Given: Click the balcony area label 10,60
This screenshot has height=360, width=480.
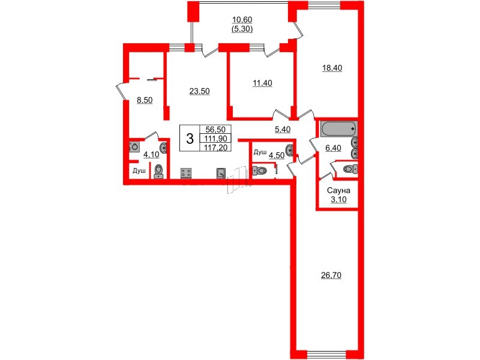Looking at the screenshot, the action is coord(242,20).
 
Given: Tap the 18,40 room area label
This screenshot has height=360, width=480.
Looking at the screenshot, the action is coord(332,68).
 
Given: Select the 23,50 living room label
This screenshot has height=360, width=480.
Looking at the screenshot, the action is coord(199,91).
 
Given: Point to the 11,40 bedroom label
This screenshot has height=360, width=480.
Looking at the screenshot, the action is coord(262,83).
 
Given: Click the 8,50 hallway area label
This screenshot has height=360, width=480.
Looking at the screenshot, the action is coord(145,100).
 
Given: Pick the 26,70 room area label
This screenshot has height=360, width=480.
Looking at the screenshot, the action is coord(331,275).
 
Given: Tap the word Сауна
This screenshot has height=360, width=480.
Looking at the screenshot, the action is coord(338,190).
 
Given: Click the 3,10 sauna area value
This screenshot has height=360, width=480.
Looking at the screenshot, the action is coord(338,200).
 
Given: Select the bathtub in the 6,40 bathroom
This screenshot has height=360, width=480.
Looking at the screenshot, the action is coord(338,128).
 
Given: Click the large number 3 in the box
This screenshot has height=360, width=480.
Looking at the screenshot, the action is coord(190,139).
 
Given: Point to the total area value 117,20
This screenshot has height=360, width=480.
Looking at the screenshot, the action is coord(216,148).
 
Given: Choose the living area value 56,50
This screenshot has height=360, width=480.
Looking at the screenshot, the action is coord(215,130).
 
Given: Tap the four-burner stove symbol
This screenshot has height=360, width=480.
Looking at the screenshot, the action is coord(186,173).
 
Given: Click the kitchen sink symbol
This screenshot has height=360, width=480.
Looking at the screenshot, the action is coord(221,173).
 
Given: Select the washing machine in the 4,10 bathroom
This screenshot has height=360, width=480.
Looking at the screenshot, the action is coord(134,146).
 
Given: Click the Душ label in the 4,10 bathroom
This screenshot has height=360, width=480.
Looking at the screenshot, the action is coord(139,171).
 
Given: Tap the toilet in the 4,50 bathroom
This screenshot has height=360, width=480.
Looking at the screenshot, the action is coord(259,170).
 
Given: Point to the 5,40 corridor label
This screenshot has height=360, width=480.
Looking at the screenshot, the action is coord(282,130).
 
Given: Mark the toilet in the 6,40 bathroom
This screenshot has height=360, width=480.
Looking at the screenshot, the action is coord(350,169).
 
